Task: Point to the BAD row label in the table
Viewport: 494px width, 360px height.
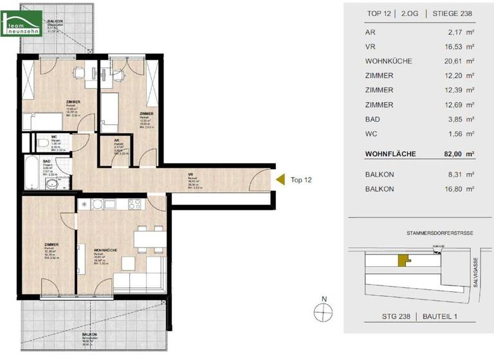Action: click(x=371, y=119)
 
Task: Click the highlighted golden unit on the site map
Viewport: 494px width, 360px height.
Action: click(x=403, y=260)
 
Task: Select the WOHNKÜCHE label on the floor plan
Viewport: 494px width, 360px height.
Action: click(x=105, y=250)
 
